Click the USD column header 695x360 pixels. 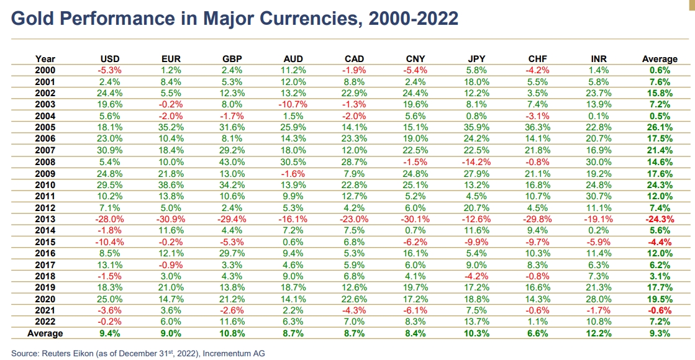(x=110, y=59)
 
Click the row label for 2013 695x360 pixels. (x=45, y=219)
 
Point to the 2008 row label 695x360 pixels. (x=45, y=162)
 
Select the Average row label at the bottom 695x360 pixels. (x=45, y=333)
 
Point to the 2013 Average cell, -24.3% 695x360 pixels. (x=659, y=219)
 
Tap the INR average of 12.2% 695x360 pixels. (x=598, y=333)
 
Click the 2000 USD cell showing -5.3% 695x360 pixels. (x=110, y=71)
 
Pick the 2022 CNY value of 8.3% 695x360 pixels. (x=415, y=322)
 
